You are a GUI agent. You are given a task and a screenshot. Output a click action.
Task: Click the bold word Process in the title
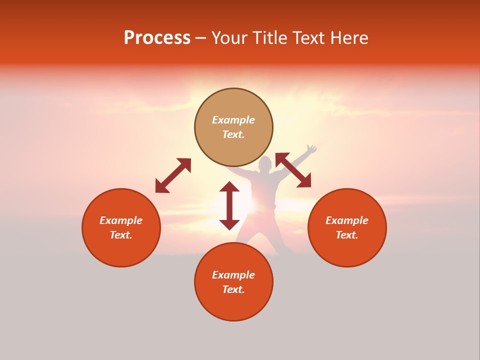coord(157,38)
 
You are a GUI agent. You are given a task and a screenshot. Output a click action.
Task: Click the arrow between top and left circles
coord(173,175)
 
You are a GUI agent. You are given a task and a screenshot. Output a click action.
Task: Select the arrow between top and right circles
coord(293,170)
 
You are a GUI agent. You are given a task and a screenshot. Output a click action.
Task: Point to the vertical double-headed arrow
coord(229,205)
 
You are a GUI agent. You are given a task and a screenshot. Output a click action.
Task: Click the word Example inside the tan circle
coord(233,120)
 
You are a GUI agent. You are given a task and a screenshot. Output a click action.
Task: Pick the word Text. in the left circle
coord(121,235)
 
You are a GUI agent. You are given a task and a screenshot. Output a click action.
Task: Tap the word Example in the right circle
coord(347,220)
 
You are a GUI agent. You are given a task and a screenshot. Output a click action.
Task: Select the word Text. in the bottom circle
coord(233,289)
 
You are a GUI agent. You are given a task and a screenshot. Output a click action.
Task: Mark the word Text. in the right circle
coord(347,235)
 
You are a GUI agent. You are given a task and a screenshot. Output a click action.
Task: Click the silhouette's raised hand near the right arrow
coord(311,149)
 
